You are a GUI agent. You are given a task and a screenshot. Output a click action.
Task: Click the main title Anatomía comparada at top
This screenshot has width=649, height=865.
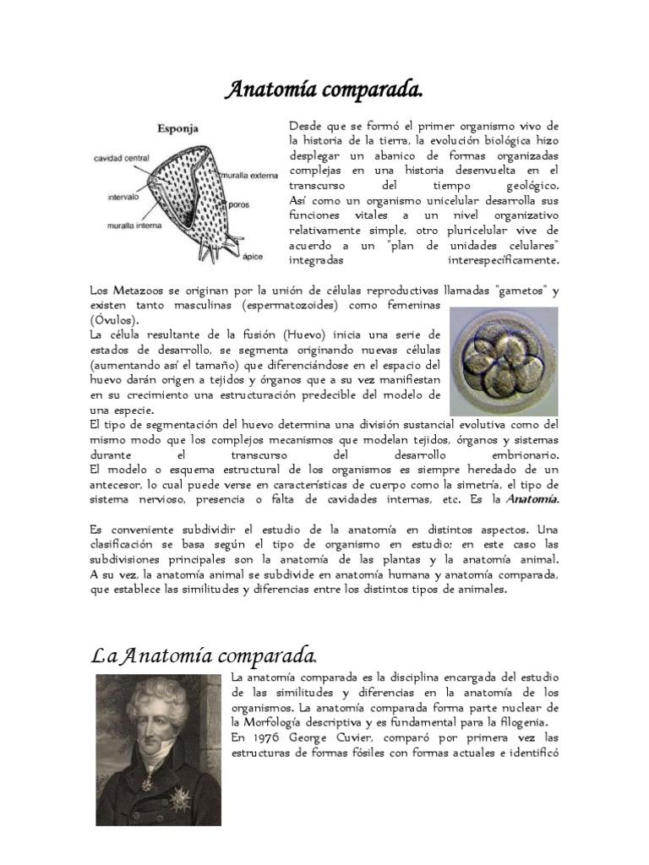324,90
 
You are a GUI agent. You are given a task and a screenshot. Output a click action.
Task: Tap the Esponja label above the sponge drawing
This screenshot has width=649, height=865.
178,129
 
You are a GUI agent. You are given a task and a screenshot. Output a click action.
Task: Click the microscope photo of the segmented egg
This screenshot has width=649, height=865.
504,361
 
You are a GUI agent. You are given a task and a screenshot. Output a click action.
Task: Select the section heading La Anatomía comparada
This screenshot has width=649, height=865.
204,656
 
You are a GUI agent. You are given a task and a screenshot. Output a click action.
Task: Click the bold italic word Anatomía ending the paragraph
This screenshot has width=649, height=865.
532,499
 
